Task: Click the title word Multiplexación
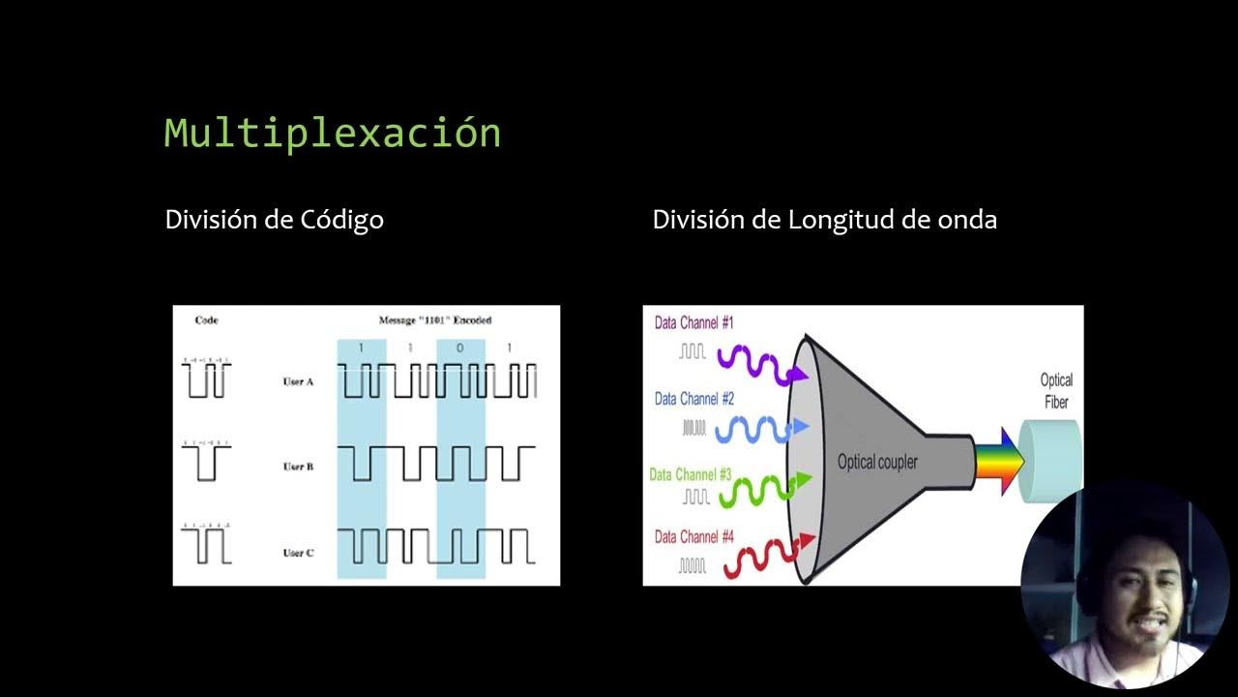point(332,133)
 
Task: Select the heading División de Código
point(274,220)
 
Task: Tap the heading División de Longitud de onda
point(824,220)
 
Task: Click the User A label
point(298,381)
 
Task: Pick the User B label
point(298,467)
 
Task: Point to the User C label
point(298,553)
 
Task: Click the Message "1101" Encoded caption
point(435,320)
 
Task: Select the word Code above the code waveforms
point(206,320)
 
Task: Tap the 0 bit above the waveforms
point(459,348)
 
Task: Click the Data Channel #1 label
point(693,323)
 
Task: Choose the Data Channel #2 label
point(693,399)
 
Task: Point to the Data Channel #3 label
point(690,475)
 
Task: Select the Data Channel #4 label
point(693,536)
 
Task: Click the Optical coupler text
point(877,463)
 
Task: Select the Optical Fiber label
point(1056,391)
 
